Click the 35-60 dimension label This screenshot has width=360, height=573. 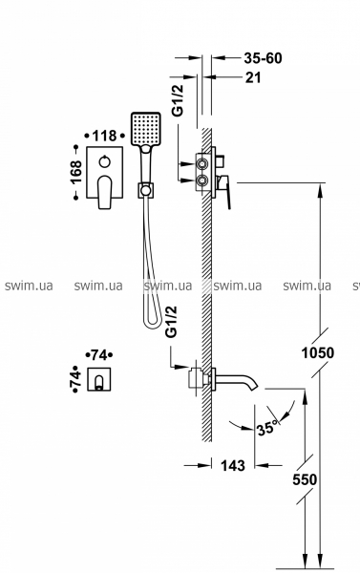[x=264, y=58]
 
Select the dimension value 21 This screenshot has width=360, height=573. [x=253, y=77]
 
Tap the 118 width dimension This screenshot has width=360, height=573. [x=104, y=136]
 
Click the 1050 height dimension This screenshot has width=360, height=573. [x=318, y=353]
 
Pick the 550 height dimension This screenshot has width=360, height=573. [x=305, y=479]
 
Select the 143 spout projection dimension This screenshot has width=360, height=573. [x=233, y=466]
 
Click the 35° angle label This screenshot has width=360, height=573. [x=267, y=427]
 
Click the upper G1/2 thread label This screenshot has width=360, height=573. [x=178, y=99]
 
